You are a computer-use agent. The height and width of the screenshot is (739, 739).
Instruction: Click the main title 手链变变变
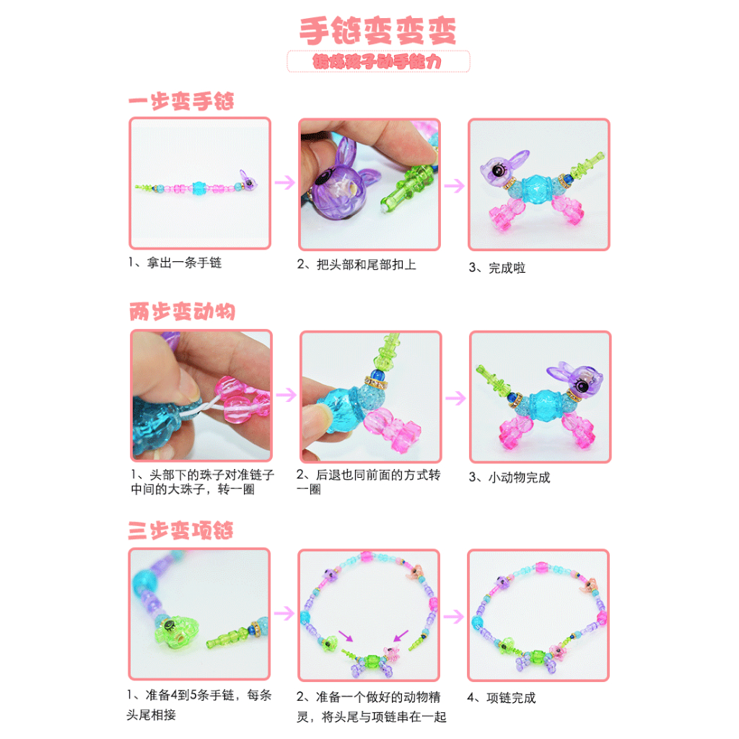(377, 31)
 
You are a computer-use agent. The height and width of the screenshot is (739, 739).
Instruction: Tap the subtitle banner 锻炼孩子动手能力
(377, 62)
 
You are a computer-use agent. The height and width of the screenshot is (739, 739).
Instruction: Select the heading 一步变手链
(181, 102)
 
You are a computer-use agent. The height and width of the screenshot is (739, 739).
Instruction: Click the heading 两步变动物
(182, 312)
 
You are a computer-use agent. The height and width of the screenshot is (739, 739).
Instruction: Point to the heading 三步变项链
(181, 531)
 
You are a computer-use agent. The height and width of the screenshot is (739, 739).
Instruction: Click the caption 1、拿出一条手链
(175, 263)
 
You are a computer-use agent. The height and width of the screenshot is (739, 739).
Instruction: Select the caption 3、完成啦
(497, 268)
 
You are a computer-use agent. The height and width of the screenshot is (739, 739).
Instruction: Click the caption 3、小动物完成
(510, 477)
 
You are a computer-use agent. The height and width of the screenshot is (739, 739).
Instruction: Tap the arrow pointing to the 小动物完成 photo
(455, 396)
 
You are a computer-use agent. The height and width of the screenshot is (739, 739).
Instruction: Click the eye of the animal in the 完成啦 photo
(499, 170)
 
